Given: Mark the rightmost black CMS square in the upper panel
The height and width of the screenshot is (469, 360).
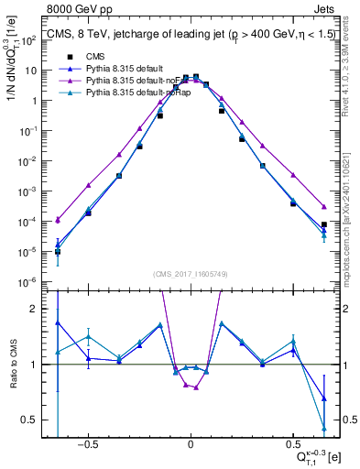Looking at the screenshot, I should [324, 224].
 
